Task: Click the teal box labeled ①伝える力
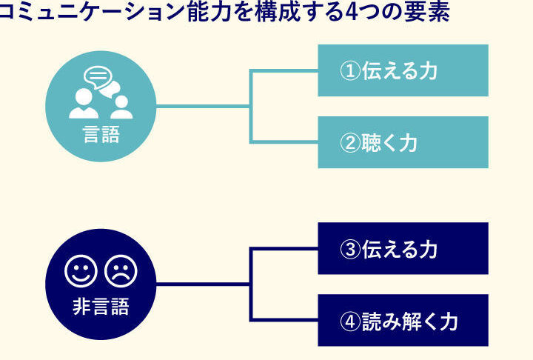pos(403,70)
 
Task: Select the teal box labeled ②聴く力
pos(403,142)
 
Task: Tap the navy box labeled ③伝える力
pos(403,249)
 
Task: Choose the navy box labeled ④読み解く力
pos(403,321)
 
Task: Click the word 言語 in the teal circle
pos(101,136)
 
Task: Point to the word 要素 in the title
pos(430,13)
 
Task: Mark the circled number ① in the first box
pos(350,71)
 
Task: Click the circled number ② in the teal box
pos(350,143)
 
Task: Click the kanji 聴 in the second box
pos(372,143)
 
